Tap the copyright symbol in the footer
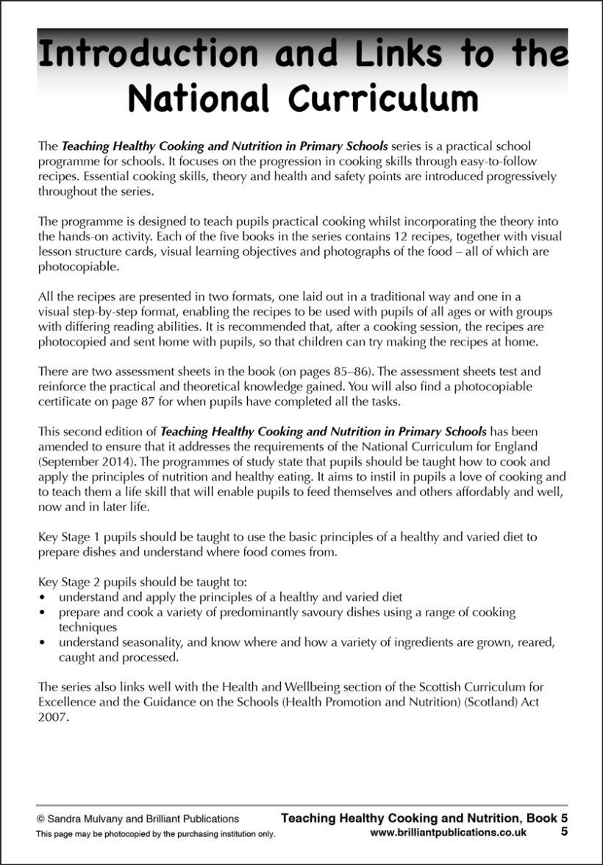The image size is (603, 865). pos(41,818)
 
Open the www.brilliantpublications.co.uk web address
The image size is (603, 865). pos(449,833)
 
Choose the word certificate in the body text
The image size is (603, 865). pos(65,400)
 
